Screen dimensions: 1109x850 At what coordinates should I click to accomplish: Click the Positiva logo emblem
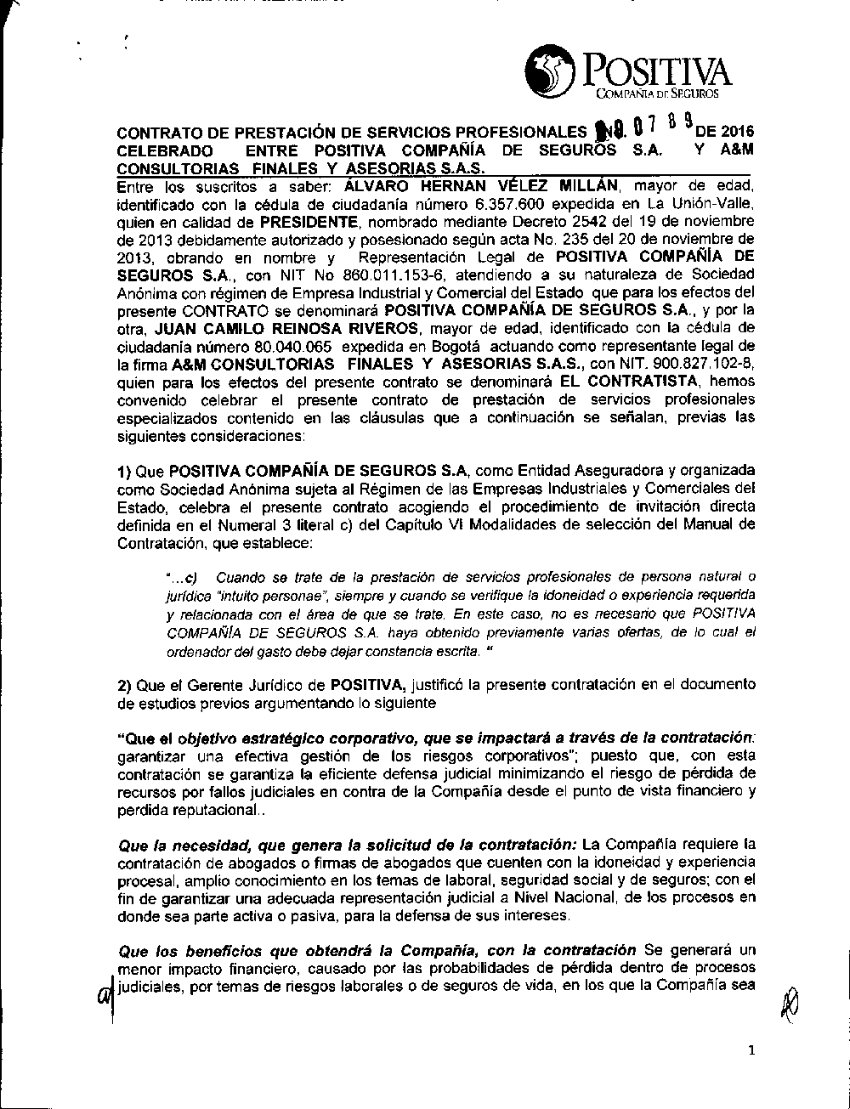pos(550,71)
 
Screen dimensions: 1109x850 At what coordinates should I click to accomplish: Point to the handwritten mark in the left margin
pos(105,993)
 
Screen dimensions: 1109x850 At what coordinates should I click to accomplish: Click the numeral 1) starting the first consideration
pos(124,471)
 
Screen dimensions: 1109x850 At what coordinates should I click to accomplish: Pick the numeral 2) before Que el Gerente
pos(124,685)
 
